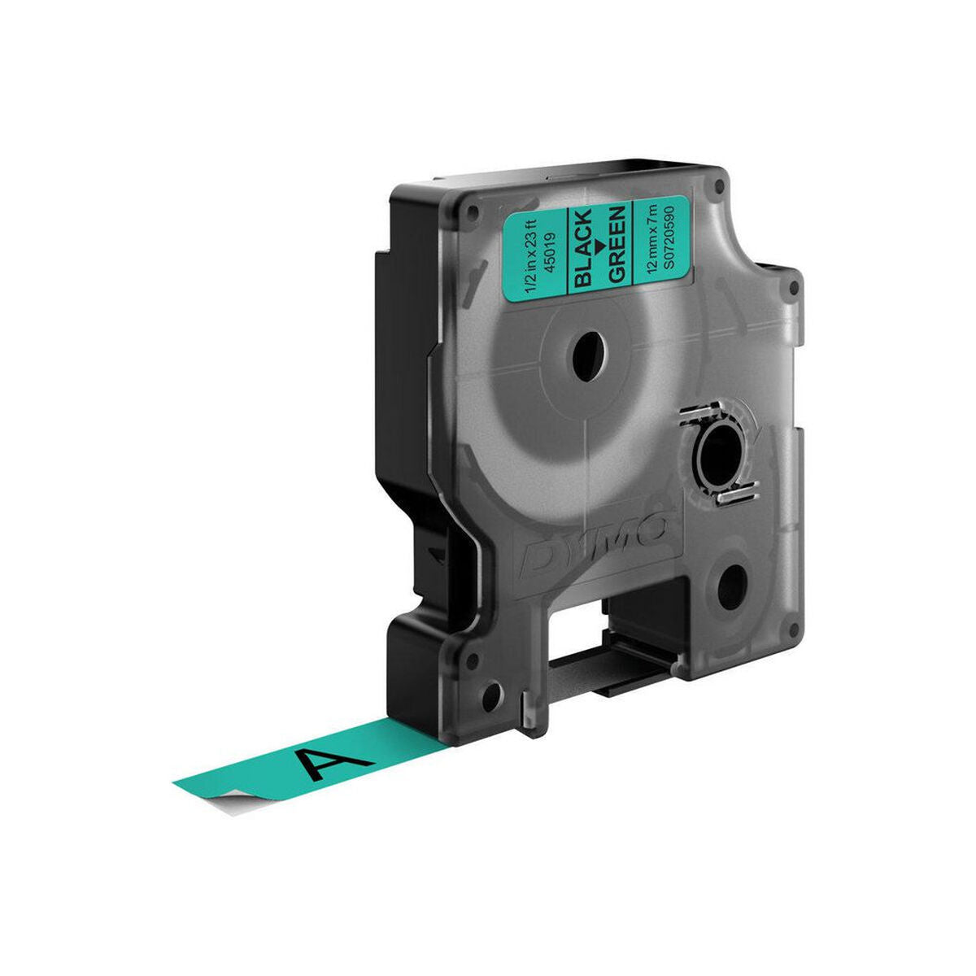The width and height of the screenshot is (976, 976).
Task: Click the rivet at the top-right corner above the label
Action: click(x=718, y=187)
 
